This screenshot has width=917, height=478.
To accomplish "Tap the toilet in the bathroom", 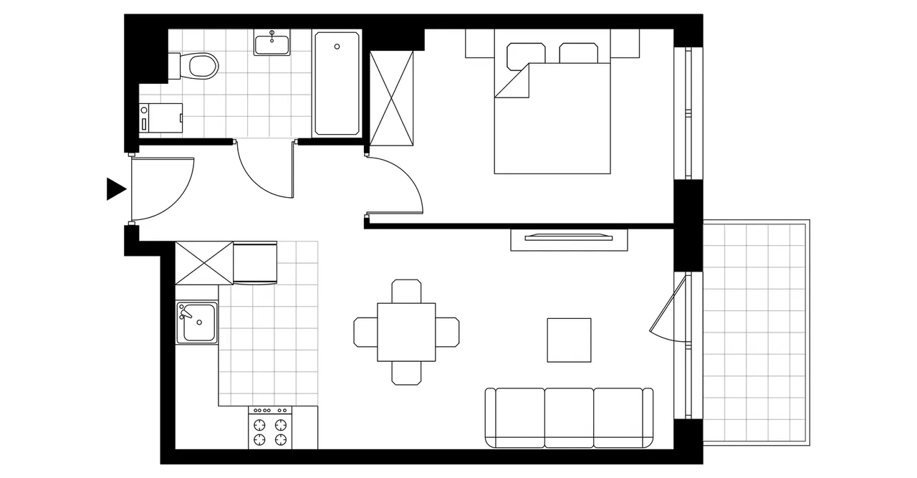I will click(x=201, y=67).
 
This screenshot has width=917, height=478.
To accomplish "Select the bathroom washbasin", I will click(x=272, y=44).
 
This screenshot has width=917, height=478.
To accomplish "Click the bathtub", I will click(x=337, y=82).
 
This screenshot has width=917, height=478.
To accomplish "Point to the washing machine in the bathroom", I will click(x=162, y=118).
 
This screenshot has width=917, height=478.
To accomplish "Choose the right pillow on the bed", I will click(x=579, y=54).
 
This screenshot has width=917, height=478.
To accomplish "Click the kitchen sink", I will click(x=197, y=322).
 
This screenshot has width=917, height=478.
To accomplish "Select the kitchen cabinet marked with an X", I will click(x=204, y=263).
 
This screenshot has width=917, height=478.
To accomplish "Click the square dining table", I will click(x=406, y=332).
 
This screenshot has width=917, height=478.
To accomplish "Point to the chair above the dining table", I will click(x=406, y=291).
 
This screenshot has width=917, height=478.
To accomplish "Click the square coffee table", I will click(x=569, y=340).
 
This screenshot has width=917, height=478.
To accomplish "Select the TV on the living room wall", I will click(x=569, y=236).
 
